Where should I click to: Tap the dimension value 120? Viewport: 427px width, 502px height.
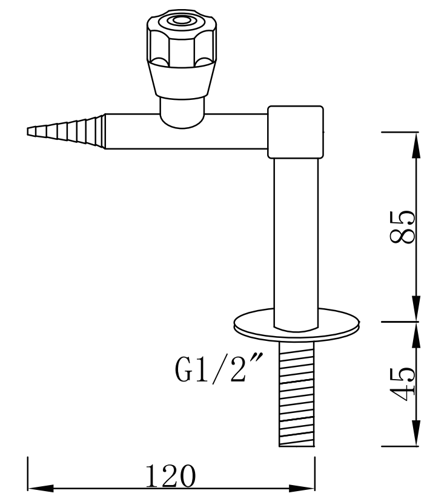point(170,477)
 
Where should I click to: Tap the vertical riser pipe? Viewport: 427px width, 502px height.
point(296,236)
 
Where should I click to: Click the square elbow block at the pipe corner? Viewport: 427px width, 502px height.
point(295,132)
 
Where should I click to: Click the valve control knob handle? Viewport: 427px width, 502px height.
point(180,48)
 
